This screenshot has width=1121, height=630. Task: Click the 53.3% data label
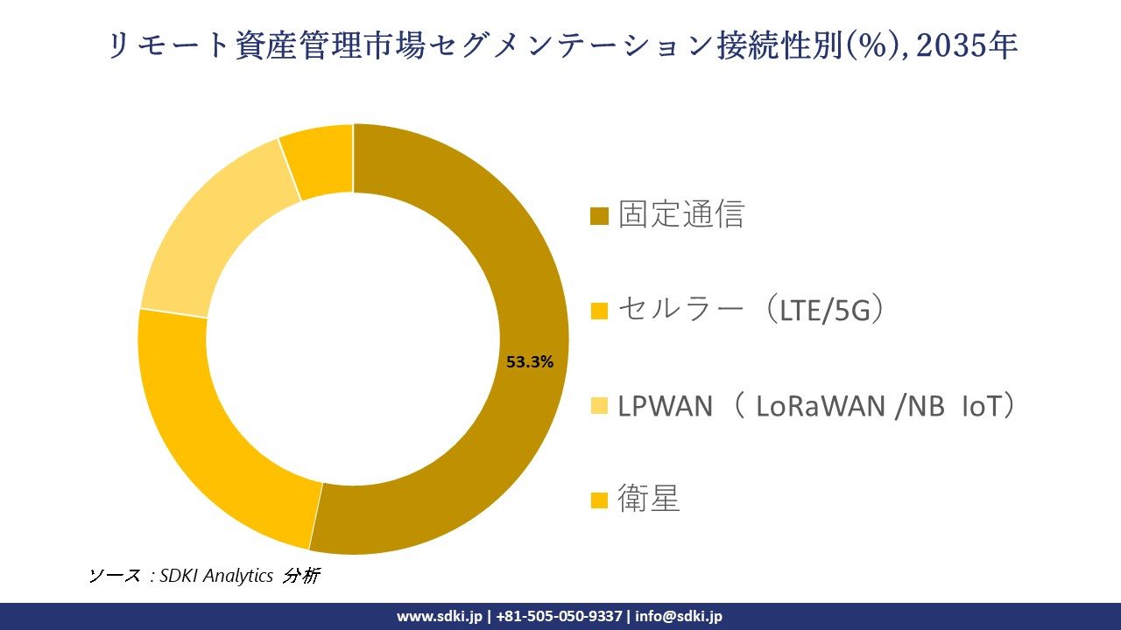[x=530, y=362]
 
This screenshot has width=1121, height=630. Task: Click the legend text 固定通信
[x=680, y=214]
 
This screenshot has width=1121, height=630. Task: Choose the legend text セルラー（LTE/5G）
[x=750, y=310]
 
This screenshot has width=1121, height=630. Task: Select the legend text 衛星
[x=649, y=500]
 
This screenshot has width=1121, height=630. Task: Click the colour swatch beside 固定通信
[x=600, y=215]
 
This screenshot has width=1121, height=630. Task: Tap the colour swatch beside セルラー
[x=600, y=311]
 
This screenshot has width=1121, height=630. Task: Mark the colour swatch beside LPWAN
[x=600, y=406]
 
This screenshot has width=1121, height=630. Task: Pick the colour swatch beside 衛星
[x=600, y=500]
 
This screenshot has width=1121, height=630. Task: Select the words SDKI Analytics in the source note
[x=216, y=576]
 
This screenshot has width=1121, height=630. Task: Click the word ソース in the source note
[x=115, y=576]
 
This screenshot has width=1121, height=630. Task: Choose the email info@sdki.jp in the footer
[x=679, y=616]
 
